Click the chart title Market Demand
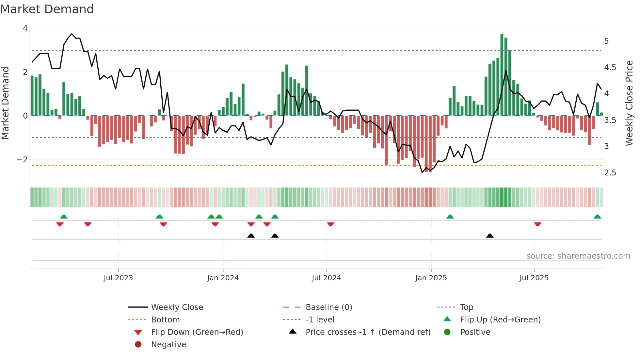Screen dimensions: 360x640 [47, 9]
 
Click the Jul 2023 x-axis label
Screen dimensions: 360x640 [118, 278]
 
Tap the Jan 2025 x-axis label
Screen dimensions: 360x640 [431, 278]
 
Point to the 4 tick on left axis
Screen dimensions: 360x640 [25, 28]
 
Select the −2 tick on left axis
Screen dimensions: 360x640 [23, 160]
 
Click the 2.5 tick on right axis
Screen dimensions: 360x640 [610, 173]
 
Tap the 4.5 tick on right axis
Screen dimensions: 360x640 [610, 68]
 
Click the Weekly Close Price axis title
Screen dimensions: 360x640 [629, 103]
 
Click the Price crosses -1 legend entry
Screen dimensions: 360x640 [368, 332]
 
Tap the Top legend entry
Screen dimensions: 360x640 [466, 307]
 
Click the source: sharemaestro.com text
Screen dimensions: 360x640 [578, 256]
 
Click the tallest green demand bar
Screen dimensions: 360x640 [502, 75]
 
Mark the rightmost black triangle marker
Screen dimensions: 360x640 [490, 236]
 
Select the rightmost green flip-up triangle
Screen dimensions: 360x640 [597, 217]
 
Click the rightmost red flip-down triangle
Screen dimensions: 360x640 [537, 224]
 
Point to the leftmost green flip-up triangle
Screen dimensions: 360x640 [64, 217]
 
